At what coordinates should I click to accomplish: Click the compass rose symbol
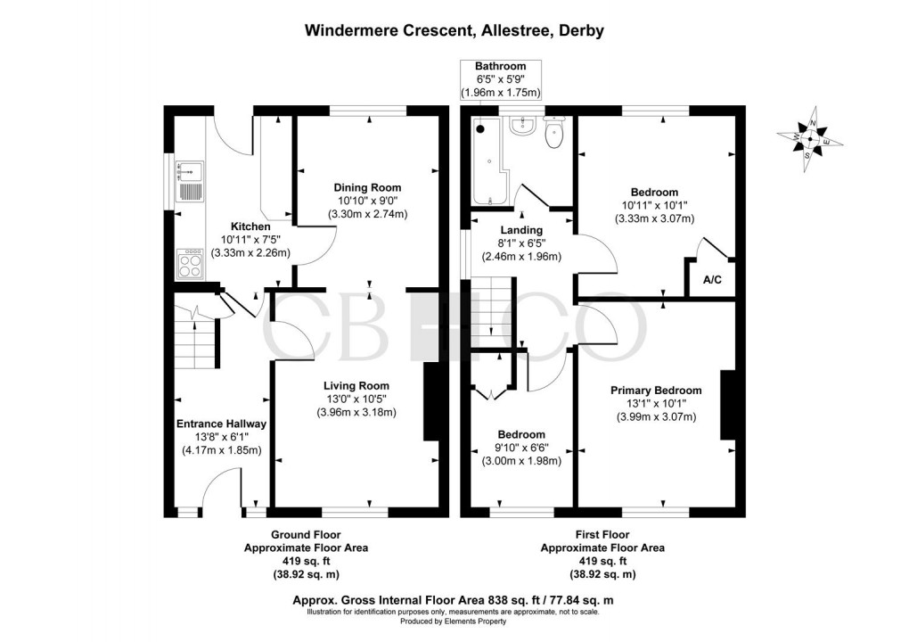click(x=810, y=140)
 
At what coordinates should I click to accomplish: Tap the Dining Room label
click(x=367, y=188)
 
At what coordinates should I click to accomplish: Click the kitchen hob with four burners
click(x=191, y=262)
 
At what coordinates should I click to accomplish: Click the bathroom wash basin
click(x=520, y=128)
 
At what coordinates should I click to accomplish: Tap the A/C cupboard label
click(x=712, y=280)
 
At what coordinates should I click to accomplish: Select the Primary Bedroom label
click(x=656, y=391)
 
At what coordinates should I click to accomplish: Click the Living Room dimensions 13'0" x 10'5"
click(x=356, y=399)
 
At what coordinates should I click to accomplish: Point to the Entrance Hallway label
click(x=221, y=424)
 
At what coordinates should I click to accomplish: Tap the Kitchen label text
click(x=250, y=226)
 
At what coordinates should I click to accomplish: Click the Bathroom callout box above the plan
click(x=500, y=79)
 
